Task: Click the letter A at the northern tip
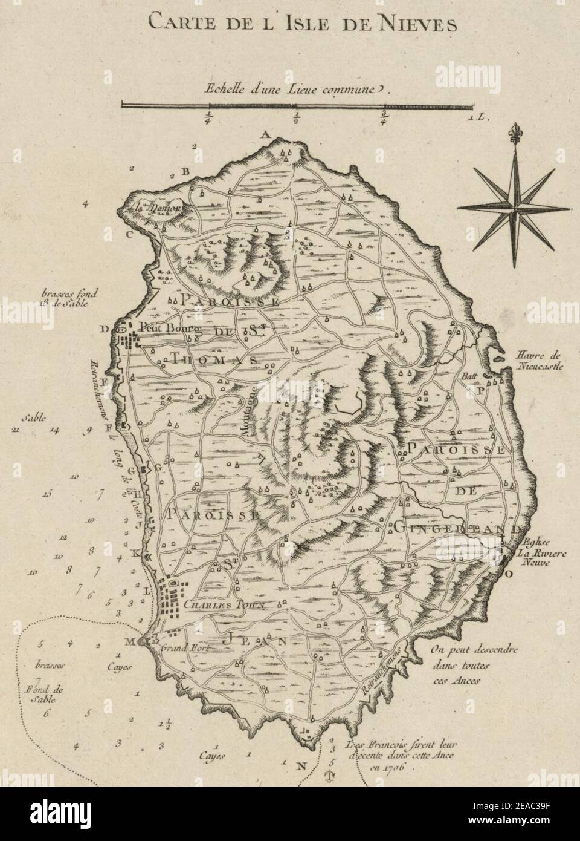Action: click(264, 134)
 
